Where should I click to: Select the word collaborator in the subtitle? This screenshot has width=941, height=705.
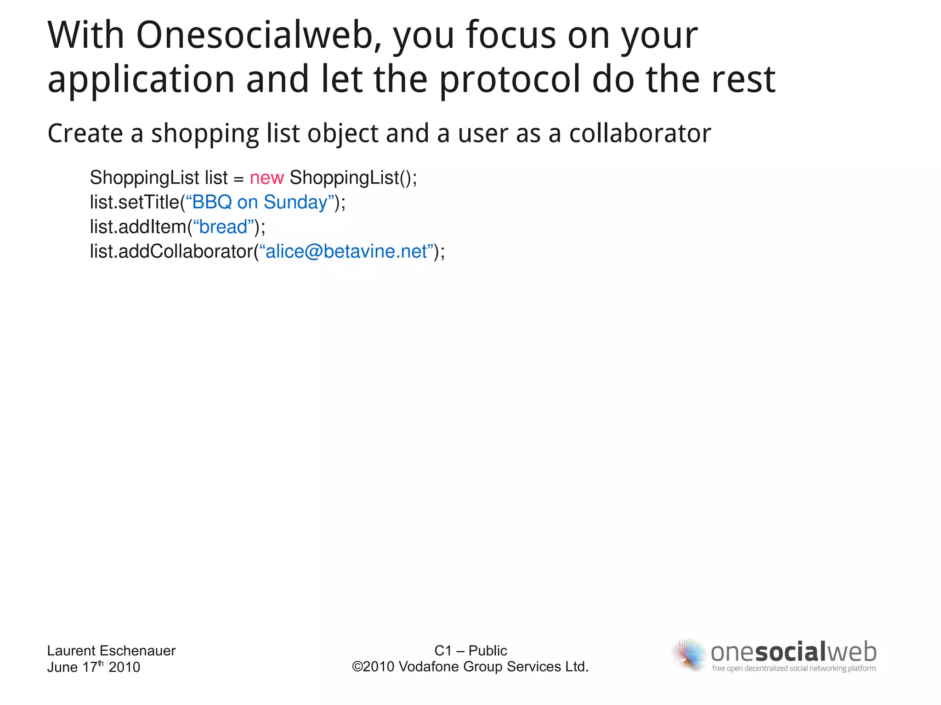(x=640, y=134)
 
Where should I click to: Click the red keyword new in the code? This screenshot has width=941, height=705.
(x=266, y=178)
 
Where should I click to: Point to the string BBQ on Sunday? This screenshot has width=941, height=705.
(x=259, y=202)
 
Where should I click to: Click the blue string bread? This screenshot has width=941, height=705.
(x=223, y=227)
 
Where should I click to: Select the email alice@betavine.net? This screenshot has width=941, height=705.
(x=346, y=251)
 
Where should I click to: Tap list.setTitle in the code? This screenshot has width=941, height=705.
(x=134, y=202)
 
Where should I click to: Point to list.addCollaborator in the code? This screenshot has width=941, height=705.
(x=171, y=251)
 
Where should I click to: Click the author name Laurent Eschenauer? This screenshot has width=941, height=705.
(x=111, y=650)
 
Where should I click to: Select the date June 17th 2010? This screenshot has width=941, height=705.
(x=93, y=667)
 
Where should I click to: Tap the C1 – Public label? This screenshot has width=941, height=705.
(x=470, y=650)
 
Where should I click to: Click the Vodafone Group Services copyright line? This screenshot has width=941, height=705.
(x=470, y=666)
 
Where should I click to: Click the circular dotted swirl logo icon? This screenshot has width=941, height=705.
(x=688, y=654)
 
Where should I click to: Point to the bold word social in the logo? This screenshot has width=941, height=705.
(x=790, y=652)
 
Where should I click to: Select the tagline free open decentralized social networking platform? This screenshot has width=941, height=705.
(x=794, y=668)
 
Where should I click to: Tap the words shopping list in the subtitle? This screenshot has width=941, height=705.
(x=225, y=134)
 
